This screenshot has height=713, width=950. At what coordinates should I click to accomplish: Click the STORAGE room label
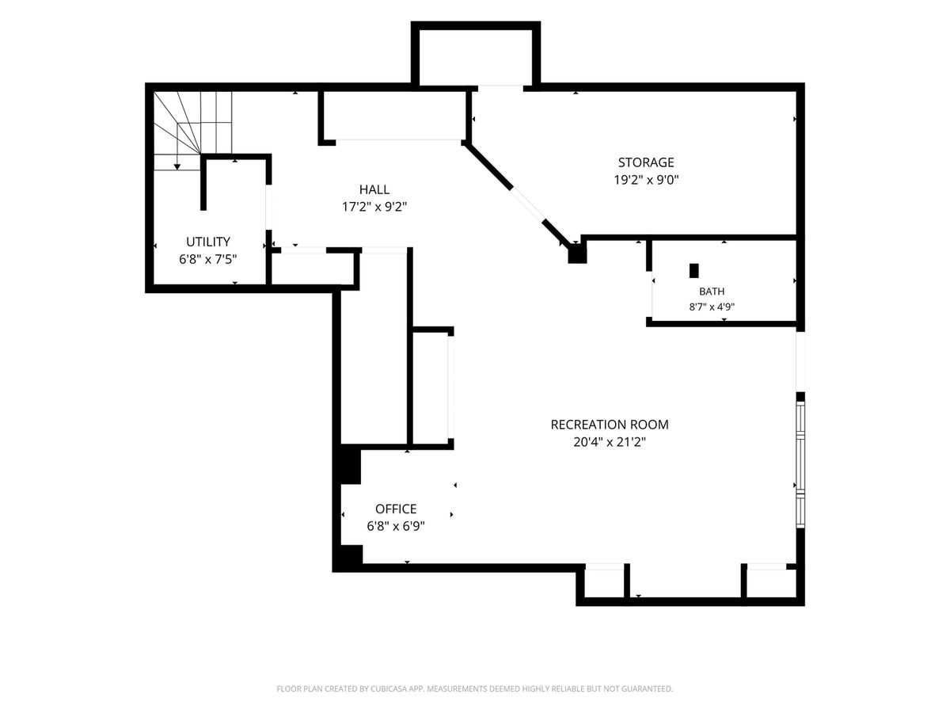tap(646, 162)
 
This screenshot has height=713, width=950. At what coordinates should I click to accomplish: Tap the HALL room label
tap(374, 189)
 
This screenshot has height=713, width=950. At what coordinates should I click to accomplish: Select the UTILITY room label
tap(208, 242)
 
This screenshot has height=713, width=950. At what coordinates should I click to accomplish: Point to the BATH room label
tap(712, 292)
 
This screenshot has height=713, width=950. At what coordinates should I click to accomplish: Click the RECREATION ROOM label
tap(610, 425)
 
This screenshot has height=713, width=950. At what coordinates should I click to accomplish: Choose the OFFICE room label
tap(396, 509)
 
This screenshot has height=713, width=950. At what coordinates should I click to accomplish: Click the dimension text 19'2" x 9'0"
tap(646, 180)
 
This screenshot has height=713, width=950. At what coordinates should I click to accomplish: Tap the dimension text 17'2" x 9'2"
tap(374, 207)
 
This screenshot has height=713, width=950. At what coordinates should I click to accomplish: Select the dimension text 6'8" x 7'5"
tap(208, 259)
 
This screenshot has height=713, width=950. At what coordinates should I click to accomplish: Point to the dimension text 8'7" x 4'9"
tap(712, 307)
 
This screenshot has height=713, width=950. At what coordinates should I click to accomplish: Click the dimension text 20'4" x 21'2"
tap(610, 442)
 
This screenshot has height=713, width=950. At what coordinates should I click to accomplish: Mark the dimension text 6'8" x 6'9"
tap(396, 526)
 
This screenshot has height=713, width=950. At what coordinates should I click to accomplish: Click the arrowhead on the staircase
tap(177, 166)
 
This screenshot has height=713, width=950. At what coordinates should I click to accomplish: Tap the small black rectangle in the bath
tap(693, 271)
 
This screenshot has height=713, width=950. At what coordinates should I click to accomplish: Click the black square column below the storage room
tap(577, 254)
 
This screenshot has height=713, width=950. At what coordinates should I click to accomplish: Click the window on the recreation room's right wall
tap(800, 464)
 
